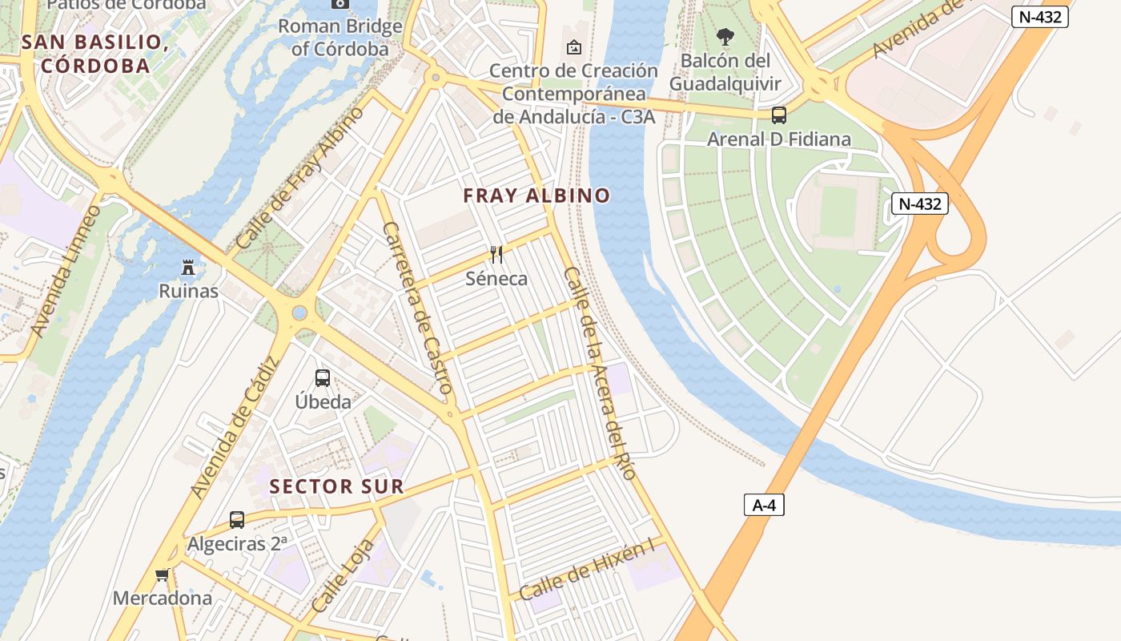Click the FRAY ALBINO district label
pyautogui.click(x=536, y=196)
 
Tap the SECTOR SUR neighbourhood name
pyautogui.click(x=336, y=486)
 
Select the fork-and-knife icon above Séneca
pyautogui.click(x=496, y=255)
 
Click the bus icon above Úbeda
pyautogui.click(x=323, y=377)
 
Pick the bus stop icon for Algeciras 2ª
pyautogui.click(x=237, y=519)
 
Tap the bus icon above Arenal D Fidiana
pyautogui.click(x=778, y=115)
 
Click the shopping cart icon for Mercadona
pyautogui.click(x=163, y=574)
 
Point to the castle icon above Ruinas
pyautogui.click(x=189, y=266)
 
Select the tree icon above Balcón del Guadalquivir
pyautogui.click(x=725, y=37)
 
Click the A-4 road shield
pyautogui.click(x=764, y=505)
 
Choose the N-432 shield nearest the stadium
pyautogui.click(x=920, y=204)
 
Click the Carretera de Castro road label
pyautogui.click(x=418, y=308)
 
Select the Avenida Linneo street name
pyautogui.click(x=66, y=271)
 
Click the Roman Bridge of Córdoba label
pyautogui.click(x=340, y=37)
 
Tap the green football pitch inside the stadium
pyautogui.click(x=838, y=211)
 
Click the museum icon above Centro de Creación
pyautogui.click(x=573, y=47)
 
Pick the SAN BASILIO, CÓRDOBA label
pyautogui.click(x=95, y=54)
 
